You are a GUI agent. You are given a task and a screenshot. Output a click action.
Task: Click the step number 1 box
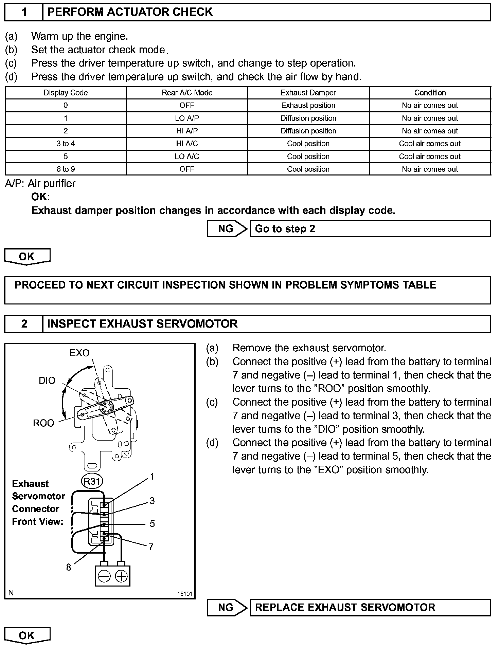pyautogui.click(x=24, y=12)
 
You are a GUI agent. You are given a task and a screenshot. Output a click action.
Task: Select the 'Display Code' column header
pyautogui.click(x=66, y=93)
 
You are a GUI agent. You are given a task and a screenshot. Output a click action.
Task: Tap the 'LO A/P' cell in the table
pyautogui.click(x=187, y=118)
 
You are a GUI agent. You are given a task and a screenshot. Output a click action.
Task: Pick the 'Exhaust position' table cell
pyautogui.click(x=308, y=106)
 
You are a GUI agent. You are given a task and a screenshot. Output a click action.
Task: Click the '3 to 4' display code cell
pyautogui.click(x=66, y=144)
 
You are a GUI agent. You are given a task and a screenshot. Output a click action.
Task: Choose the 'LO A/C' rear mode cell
pyautogui.click(x=187, y=156)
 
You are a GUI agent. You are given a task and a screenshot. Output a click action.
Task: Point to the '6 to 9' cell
pyautogui.click(x=66, y=169)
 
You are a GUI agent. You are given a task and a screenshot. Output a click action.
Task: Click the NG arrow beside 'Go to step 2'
pyautogui.click(x=227, y=229)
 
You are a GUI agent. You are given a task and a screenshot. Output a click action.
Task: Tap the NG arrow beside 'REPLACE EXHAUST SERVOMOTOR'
pyautogui.click(x=227, y=607)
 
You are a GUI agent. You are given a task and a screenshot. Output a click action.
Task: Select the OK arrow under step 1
pyautogui.click(x=27, y=257)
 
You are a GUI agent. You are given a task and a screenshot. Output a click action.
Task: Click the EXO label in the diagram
pyautogui.click(x=79, y=353)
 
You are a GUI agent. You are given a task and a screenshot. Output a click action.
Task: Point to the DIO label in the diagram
pyautogui.click(x=47, y=381)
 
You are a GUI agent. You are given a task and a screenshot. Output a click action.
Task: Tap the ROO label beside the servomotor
pyautogui.click(x=43, y=423)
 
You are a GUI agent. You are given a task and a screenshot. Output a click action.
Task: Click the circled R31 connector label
pyautogui.click(x=92, y=481)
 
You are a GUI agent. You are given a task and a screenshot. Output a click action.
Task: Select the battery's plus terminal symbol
pyautogui.click(x=121, y=576)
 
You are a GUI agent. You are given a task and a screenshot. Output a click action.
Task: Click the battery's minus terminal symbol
pyautogui.click(x=104, y=576)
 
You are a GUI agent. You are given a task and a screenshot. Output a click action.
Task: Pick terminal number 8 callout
pyautogui.click(x=69, y=567)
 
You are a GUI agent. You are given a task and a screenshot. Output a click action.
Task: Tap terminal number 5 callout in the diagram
pyautogui.click(x=152, y=524)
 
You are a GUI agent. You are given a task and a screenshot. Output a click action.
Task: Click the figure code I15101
pyautogui.click(x=183, y=594)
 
